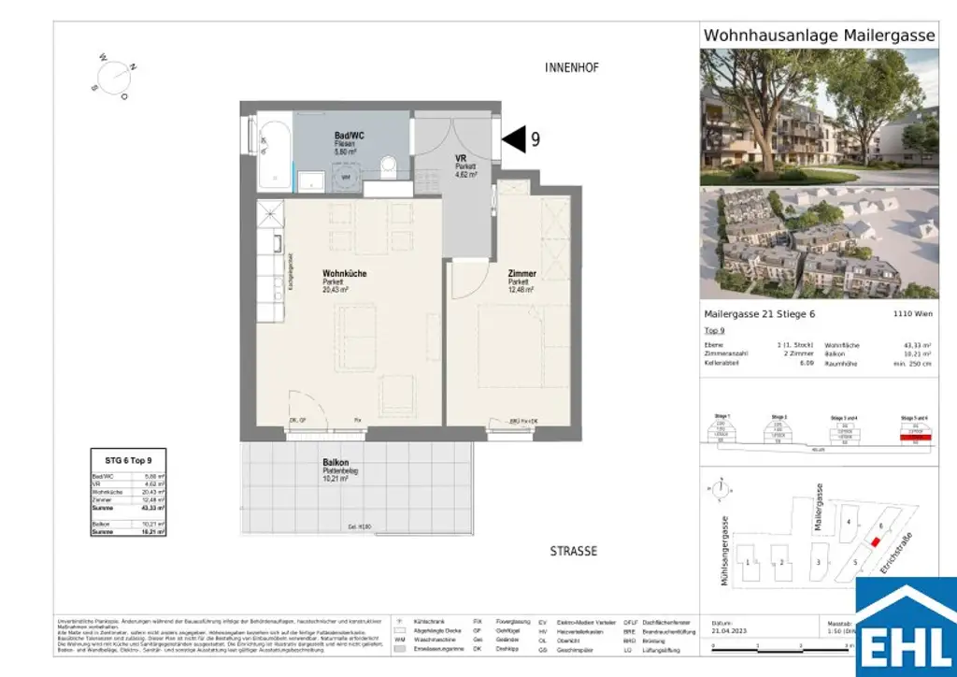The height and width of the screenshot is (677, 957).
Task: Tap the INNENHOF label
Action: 571,68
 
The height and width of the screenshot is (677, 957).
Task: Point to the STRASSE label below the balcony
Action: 573,551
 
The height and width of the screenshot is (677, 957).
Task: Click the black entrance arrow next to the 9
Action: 514,139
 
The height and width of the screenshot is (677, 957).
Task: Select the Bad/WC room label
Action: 350,137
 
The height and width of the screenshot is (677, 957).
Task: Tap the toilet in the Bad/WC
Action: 390,166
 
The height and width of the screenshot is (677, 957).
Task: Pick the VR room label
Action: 461,158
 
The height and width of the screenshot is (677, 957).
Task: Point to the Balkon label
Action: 336,463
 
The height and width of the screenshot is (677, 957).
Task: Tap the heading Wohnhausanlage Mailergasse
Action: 818,36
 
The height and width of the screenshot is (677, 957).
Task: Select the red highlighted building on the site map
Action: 876,541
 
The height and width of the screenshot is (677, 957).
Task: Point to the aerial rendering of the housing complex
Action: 819,242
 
